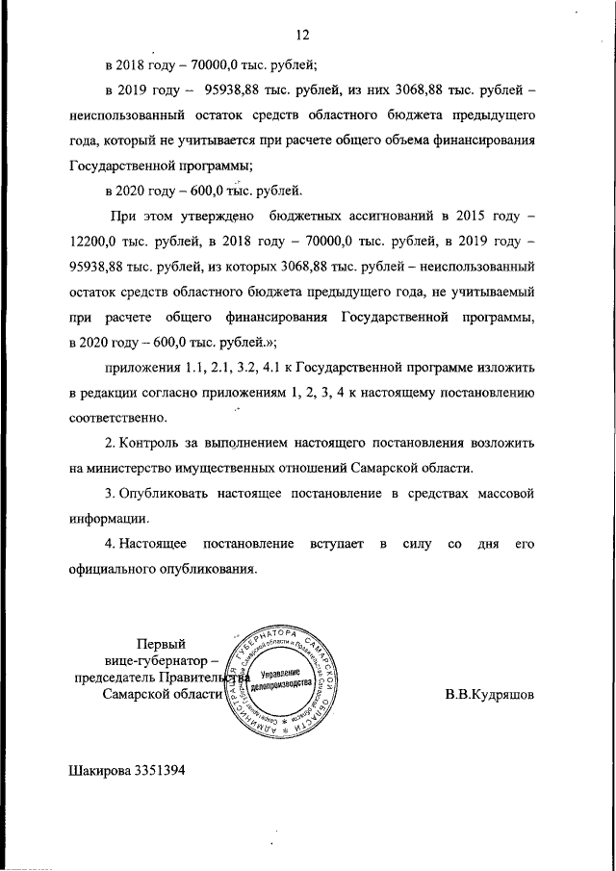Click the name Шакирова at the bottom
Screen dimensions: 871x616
click(102, 770)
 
